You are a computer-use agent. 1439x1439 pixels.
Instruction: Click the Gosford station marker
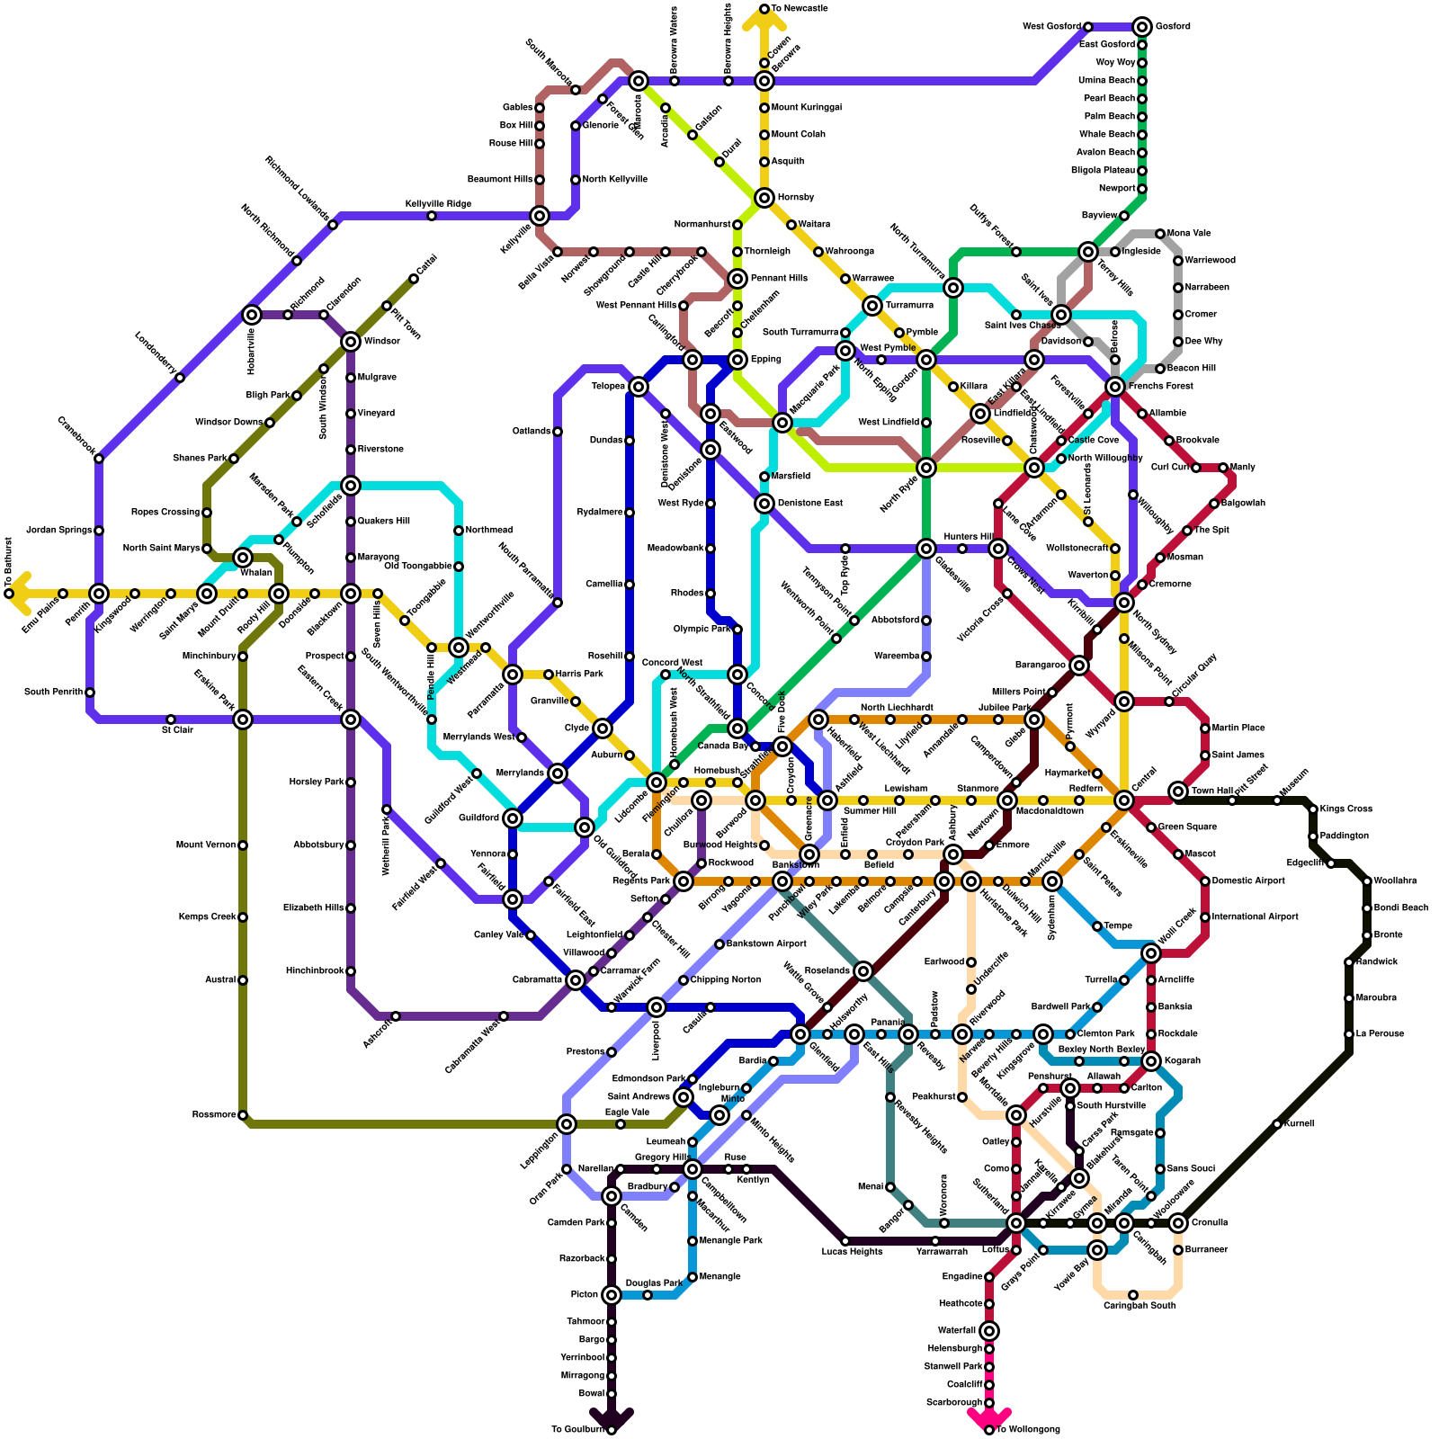1142,27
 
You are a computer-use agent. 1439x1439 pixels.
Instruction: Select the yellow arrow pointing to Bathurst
18,594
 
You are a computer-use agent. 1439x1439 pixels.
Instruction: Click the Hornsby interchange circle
764,198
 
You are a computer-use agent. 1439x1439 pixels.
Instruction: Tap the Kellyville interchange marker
540,216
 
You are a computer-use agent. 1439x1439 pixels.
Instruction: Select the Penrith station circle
99,594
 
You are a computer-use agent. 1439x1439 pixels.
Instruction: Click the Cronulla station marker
1178,1223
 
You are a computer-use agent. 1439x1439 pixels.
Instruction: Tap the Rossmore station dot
243,1115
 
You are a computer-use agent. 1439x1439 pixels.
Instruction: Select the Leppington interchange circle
567,1124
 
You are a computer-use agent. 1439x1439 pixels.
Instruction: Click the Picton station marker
612,1295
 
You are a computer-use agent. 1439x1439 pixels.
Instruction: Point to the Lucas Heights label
852,1252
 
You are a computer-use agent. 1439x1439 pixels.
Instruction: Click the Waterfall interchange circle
989,1331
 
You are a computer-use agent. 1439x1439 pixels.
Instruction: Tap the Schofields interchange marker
351,486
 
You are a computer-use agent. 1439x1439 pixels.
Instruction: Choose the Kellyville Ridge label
438,204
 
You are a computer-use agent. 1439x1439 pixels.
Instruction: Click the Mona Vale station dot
1160,234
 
